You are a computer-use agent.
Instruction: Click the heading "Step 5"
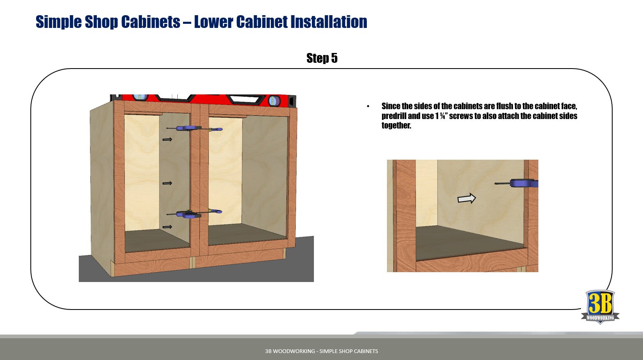pos(322,58)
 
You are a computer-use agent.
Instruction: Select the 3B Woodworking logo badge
pos(600,307)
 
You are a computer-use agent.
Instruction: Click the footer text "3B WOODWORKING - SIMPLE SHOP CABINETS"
pos(321,351)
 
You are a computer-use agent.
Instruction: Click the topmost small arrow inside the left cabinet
pos(167,140)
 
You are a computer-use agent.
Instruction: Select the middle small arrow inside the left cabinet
pos(167,183)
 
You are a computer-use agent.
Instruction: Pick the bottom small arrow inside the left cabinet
pos(167,227)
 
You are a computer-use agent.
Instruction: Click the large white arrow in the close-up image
pos(467,199)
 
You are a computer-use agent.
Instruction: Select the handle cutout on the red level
pos(244,99)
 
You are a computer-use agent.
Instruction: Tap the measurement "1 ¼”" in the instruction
pos(441,116)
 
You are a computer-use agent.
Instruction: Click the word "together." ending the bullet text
pos(396,126)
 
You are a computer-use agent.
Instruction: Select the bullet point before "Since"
pos(368,106)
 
